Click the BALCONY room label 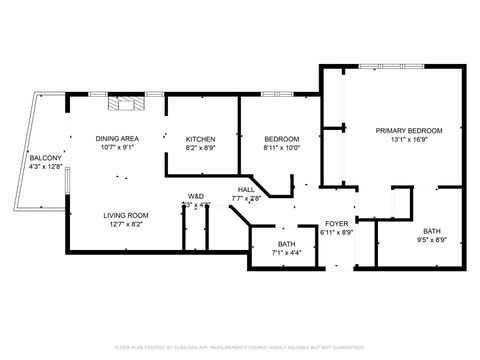[x=45, y=158]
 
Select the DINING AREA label [x=117, y=138]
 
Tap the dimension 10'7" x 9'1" [x=117, y=148]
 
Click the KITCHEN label [x=201, y=138]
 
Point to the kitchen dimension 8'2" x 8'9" [x=201, y=148]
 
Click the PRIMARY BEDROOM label [x=408, y=130]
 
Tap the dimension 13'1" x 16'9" [x=408, y=140]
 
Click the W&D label [x=196, y=195]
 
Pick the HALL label [x=246, y=189]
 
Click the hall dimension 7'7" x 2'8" [x=246, y=199]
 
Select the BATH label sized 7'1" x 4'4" [x=286, y=244]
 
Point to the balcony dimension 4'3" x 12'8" [x=45, y=168]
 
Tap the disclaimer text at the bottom [x=240, y=347]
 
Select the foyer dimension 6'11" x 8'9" [x=337, y=232]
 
